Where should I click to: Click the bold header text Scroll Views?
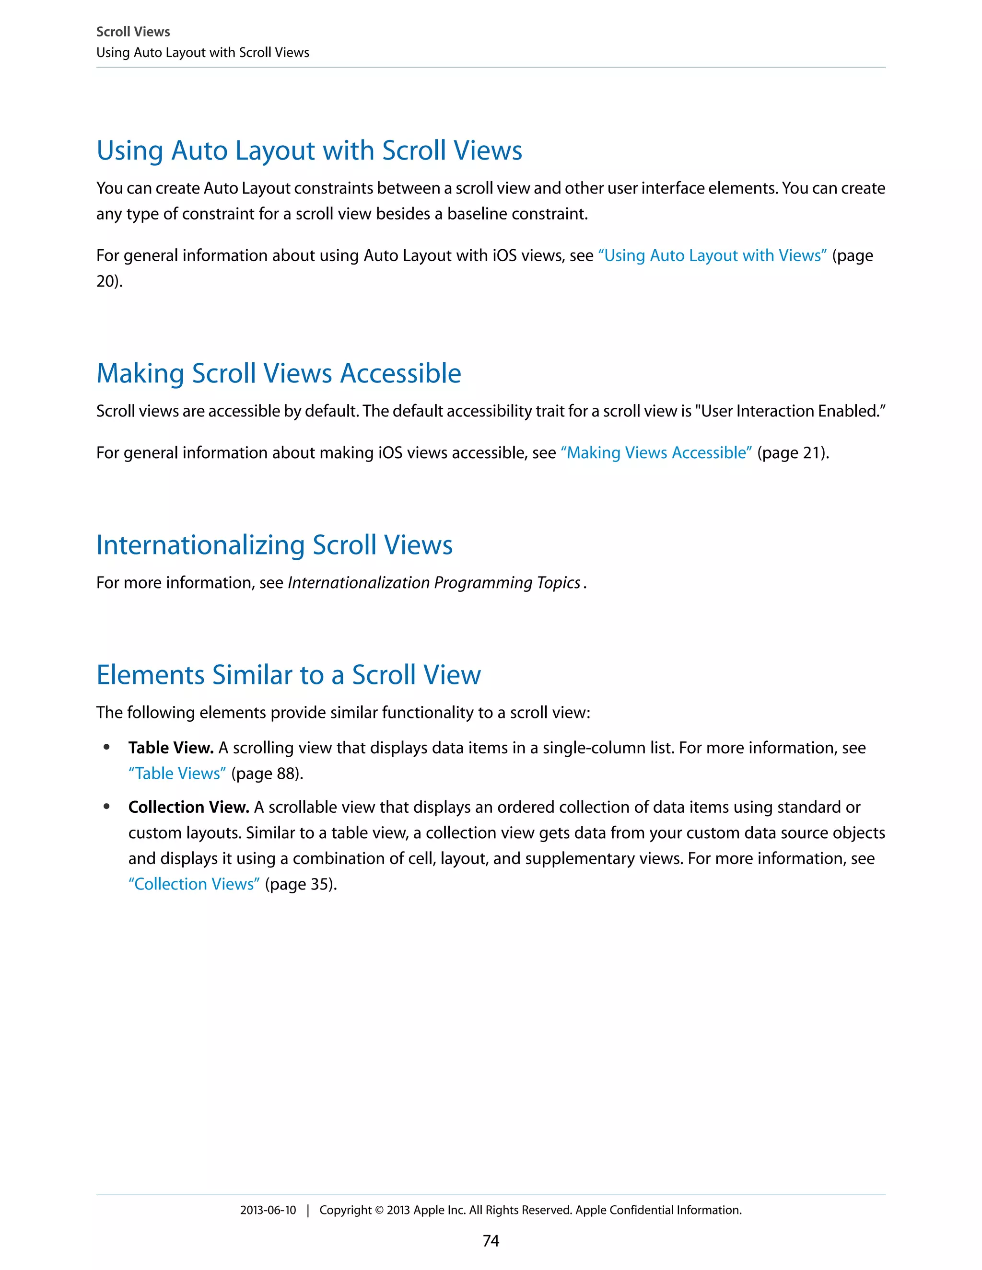coord(133,32)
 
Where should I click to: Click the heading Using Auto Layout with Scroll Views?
coord(309,150)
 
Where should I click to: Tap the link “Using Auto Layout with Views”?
coord(712,255)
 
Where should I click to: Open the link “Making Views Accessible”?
coord(655,452)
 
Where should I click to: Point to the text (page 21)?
coord(792,452)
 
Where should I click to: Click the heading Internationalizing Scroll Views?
coord(274,545)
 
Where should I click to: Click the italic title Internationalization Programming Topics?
coord(434,583)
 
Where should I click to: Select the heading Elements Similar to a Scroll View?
coord(289,675)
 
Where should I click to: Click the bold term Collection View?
coord(188,807)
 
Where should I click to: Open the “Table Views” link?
coord(177,774)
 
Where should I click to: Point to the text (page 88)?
coord(267,774)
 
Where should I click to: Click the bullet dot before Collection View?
coord(106,807)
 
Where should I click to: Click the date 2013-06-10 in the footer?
coord(268,1210)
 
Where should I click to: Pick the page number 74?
coord(491,1241)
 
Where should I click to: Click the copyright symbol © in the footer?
coord(379,1211)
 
